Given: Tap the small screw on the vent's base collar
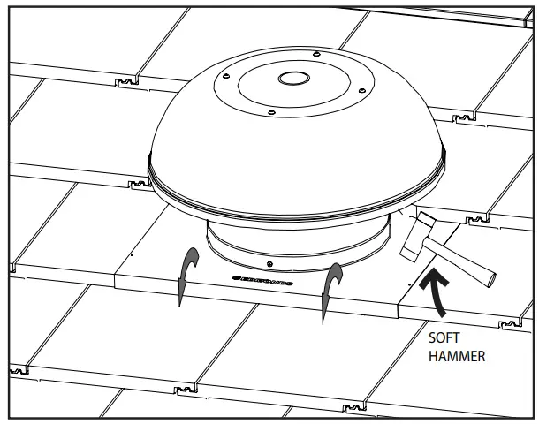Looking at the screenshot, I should [x=269, y=265].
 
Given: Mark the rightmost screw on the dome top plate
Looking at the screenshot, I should [x=361, y=89].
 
